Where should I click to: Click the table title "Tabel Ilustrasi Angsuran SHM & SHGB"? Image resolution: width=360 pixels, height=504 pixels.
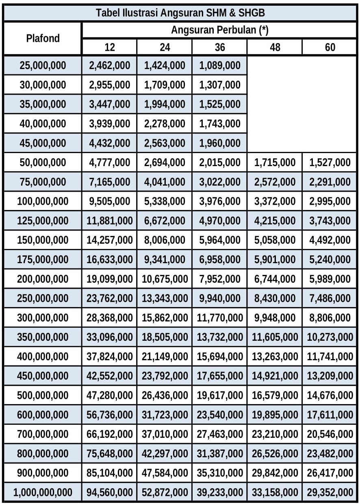point(180,13)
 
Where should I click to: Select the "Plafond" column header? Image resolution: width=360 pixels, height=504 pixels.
point(43,39)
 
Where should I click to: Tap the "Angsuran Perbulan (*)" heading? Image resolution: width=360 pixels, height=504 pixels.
point(220,30)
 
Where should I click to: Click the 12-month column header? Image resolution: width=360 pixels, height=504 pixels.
point(110,48)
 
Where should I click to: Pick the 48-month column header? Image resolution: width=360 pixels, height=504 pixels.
point(275,48)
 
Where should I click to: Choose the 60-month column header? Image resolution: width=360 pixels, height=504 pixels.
point(330,48)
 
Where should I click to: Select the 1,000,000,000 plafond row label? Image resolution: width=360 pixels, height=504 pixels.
point(43,493)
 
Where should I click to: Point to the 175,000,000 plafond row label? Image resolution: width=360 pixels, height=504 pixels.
point(43,260)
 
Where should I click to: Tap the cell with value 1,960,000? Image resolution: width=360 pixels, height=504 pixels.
point(220,143)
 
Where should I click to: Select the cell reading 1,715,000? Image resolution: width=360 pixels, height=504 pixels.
point(275,163)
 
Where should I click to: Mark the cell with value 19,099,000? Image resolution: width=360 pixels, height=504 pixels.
point(110,279)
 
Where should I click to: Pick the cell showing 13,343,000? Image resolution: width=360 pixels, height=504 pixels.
point(165,299)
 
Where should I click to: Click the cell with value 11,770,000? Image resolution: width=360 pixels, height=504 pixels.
point(220,318)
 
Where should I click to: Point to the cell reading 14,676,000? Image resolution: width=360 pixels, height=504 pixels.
point(330,396)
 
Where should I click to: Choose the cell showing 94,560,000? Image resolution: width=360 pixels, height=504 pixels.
point(110,493)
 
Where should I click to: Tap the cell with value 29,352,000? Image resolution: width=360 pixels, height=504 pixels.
point(330,493)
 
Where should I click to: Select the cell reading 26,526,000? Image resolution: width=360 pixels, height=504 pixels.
point(275,454)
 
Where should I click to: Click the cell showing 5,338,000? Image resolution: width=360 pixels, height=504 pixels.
point(165,201)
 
